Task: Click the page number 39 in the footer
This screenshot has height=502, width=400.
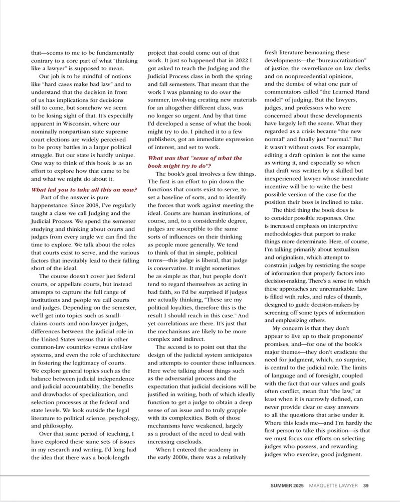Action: coord(366,485)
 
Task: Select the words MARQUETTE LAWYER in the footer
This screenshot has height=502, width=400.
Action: coord(334,485)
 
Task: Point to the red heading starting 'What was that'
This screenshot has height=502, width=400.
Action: coord(194,162)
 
